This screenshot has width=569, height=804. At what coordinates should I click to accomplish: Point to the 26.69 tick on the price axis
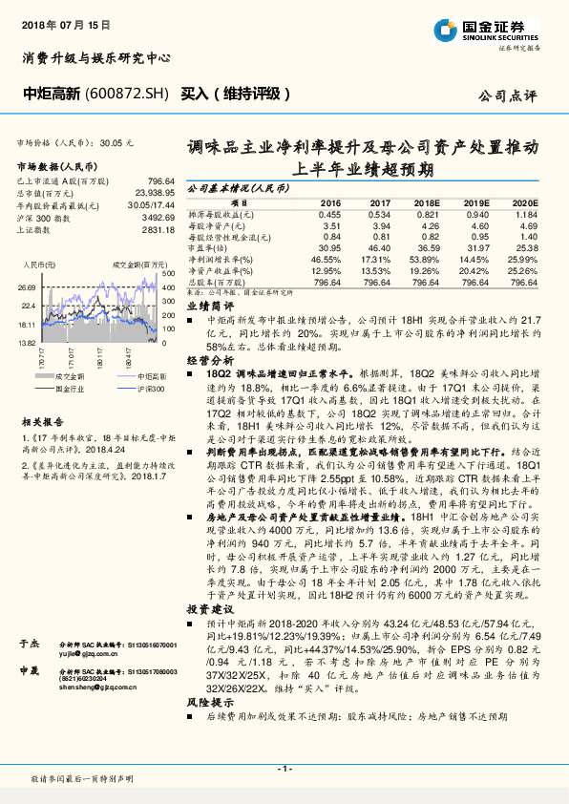[x=26, y=286]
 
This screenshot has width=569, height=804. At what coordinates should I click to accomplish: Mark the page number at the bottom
[x=284, y=769]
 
